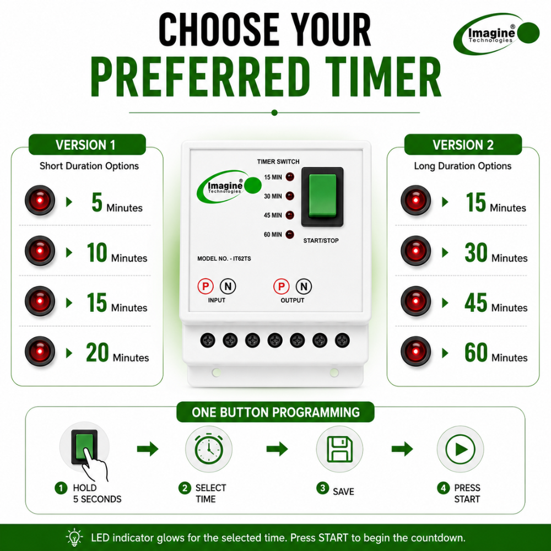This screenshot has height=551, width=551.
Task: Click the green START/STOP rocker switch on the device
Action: [322, 197]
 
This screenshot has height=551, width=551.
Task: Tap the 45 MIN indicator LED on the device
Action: [290, 215]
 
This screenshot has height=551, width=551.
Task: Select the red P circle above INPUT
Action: [206, 287]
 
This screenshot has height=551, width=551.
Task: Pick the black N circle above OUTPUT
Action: [304, 287]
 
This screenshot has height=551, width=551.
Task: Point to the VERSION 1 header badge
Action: [87, 144]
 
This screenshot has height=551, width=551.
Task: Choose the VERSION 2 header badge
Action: [463, 144]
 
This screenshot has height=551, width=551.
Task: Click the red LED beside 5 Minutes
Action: [40, 201]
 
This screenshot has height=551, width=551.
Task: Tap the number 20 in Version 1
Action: [98, 353]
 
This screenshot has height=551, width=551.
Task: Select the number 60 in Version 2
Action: [476, 353]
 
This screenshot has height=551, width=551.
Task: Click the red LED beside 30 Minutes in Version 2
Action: [415, 251]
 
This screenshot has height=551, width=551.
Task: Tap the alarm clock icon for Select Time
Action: [209, 449]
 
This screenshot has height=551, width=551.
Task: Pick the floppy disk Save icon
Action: [339, 449]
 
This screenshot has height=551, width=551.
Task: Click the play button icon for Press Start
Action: [460, 449]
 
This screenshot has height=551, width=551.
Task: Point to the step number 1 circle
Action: [61, 488]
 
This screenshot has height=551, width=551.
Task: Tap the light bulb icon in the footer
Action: [74, 537]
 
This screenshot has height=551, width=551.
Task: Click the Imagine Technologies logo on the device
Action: [229, 187]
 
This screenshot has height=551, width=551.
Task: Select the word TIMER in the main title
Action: [383, 77]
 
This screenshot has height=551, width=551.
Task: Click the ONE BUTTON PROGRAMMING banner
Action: [275, 412]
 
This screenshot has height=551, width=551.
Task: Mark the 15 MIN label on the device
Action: [273, 177]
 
